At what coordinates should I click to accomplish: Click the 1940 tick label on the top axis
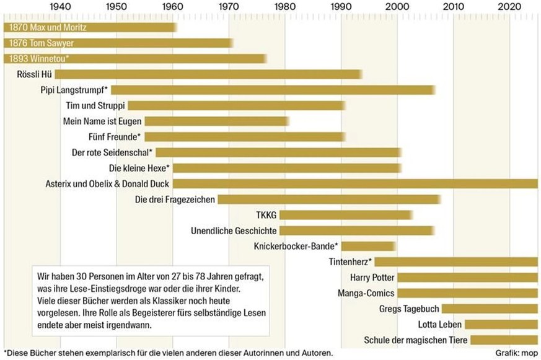[60, 7]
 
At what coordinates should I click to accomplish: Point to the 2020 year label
[509, 7]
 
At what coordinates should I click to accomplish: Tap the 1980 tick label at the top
[285, 7]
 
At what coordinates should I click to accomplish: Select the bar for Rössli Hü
[208, 74]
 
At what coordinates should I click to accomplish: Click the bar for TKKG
[346, 215]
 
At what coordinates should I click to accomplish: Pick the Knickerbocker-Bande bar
[369, 246]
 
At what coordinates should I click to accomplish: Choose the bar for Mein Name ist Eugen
[216, 121]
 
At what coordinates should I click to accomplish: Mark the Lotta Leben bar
[501, 324]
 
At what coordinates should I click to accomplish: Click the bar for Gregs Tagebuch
[490, 309]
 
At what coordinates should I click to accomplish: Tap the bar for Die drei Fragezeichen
[329, 199]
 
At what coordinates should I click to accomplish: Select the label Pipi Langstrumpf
[73, 90]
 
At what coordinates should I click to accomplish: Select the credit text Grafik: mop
[516, 353]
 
